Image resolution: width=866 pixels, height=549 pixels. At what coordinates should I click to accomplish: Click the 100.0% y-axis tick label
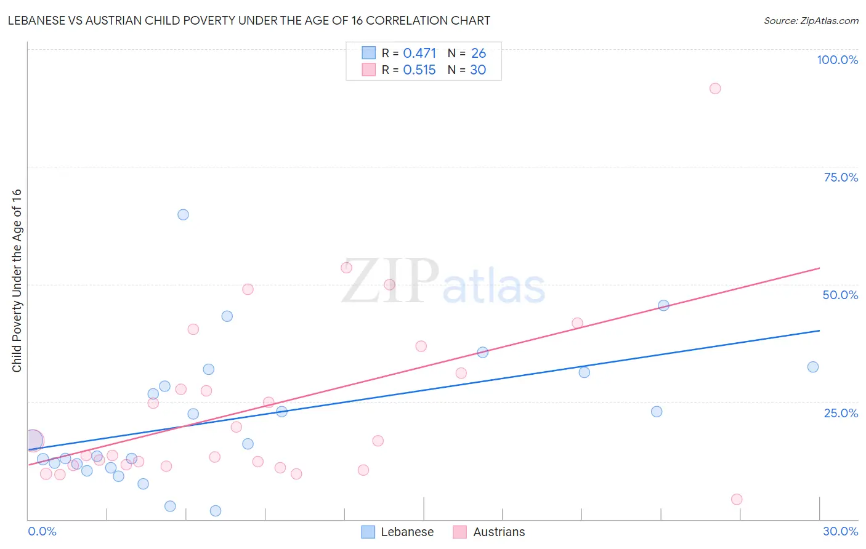coord(837,60)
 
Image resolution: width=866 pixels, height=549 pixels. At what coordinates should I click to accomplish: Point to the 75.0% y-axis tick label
coord(841,177)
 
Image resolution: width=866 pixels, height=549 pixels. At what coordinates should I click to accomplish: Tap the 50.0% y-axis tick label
coord(840,295)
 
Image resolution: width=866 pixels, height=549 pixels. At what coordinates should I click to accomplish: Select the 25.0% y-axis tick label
coord(841,413)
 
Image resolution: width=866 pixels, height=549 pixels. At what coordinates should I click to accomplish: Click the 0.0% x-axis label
coord(42,531)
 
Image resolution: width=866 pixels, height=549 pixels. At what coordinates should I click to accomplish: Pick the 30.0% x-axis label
coord(840,531)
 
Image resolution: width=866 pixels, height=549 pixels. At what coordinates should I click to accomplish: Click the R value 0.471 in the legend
coord(419,54)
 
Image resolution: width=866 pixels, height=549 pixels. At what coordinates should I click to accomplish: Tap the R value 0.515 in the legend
coord(419,70)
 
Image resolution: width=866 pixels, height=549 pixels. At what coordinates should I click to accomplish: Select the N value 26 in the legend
coord(479,54)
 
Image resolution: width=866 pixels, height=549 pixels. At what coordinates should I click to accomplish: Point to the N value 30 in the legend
coord(478,70)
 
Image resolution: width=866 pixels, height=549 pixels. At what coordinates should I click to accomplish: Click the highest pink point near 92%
coord(714,89)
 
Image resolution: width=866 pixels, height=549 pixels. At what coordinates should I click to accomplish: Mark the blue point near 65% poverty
coord(183,215)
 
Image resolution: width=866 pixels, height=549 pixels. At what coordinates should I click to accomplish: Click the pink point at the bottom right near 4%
coord(737,499)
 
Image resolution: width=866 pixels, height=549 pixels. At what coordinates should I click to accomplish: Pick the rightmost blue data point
coord(813,367)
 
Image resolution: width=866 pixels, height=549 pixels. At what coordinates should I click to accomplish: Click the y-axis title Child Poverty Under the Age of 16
coord(17,280)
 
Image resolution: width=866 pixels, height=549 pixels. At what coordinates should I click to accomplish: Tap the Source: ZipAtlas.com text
coord(811,21)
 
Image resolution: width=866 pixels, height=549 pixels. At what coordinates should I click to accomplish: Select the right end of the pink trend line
coord(819,268)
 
